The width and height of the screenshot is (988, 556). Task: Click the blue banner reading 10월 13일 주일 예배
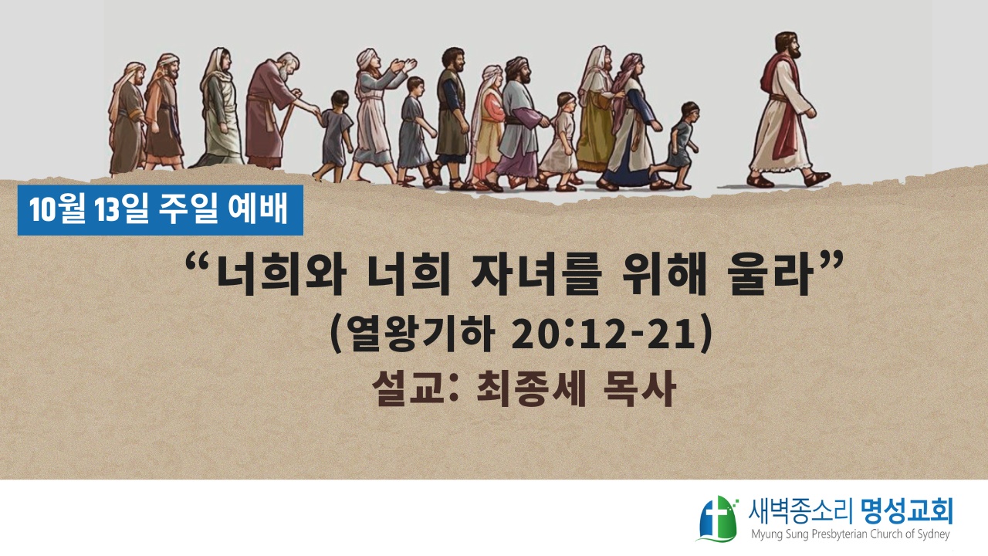160,210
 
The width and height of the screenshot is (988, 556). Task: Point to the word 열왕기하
421,334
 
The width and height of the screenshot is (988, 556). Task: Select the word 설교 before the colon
408,388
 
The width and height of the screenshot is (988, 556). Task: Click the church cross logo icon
717,519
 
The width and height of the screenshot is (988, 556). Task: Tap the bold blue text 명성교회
907,511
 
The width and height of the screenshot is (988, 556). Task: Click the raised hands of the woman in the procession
403,66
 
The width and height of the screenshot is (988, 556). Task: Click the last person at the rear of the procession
127,118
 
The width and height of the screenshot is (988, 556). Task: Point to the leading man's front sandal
817,178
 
